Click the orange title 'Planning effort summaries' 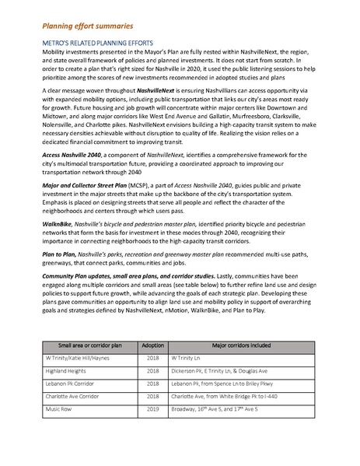(x=83, y=25)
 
